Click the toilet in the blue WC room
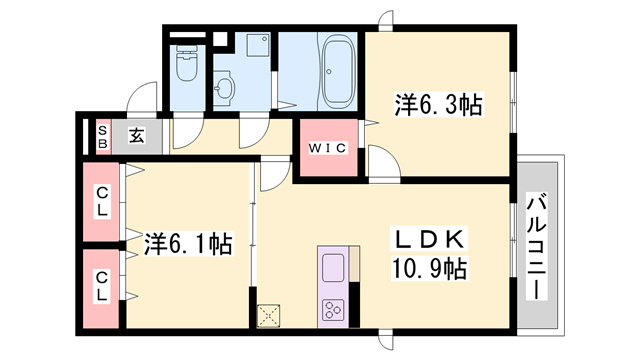pyautogui.click(x=186, y=67)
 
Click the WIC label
pyautogui.click(x=326, y=149)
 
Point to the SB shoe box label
pyautogui.click(x=102, y=136)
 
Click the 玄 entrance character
pyautogui.click(x=135, y=135)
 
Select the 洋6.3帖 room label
pyautogui.click(x=438, y=103)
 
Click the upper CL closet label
pyautogui.click(x=103, y=202)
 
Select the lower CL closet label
pyautogui.click(x=103, y=288)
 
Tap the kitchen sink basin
pyautogui.click(x=332, y=267)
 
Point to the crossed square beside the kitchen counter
pyautogui.click(x=269, y=315)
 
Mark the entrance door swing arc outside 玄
pyautogui.click(x=140, y=103)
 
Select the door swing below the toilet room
pyautogui.click(x=187, y=131)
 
